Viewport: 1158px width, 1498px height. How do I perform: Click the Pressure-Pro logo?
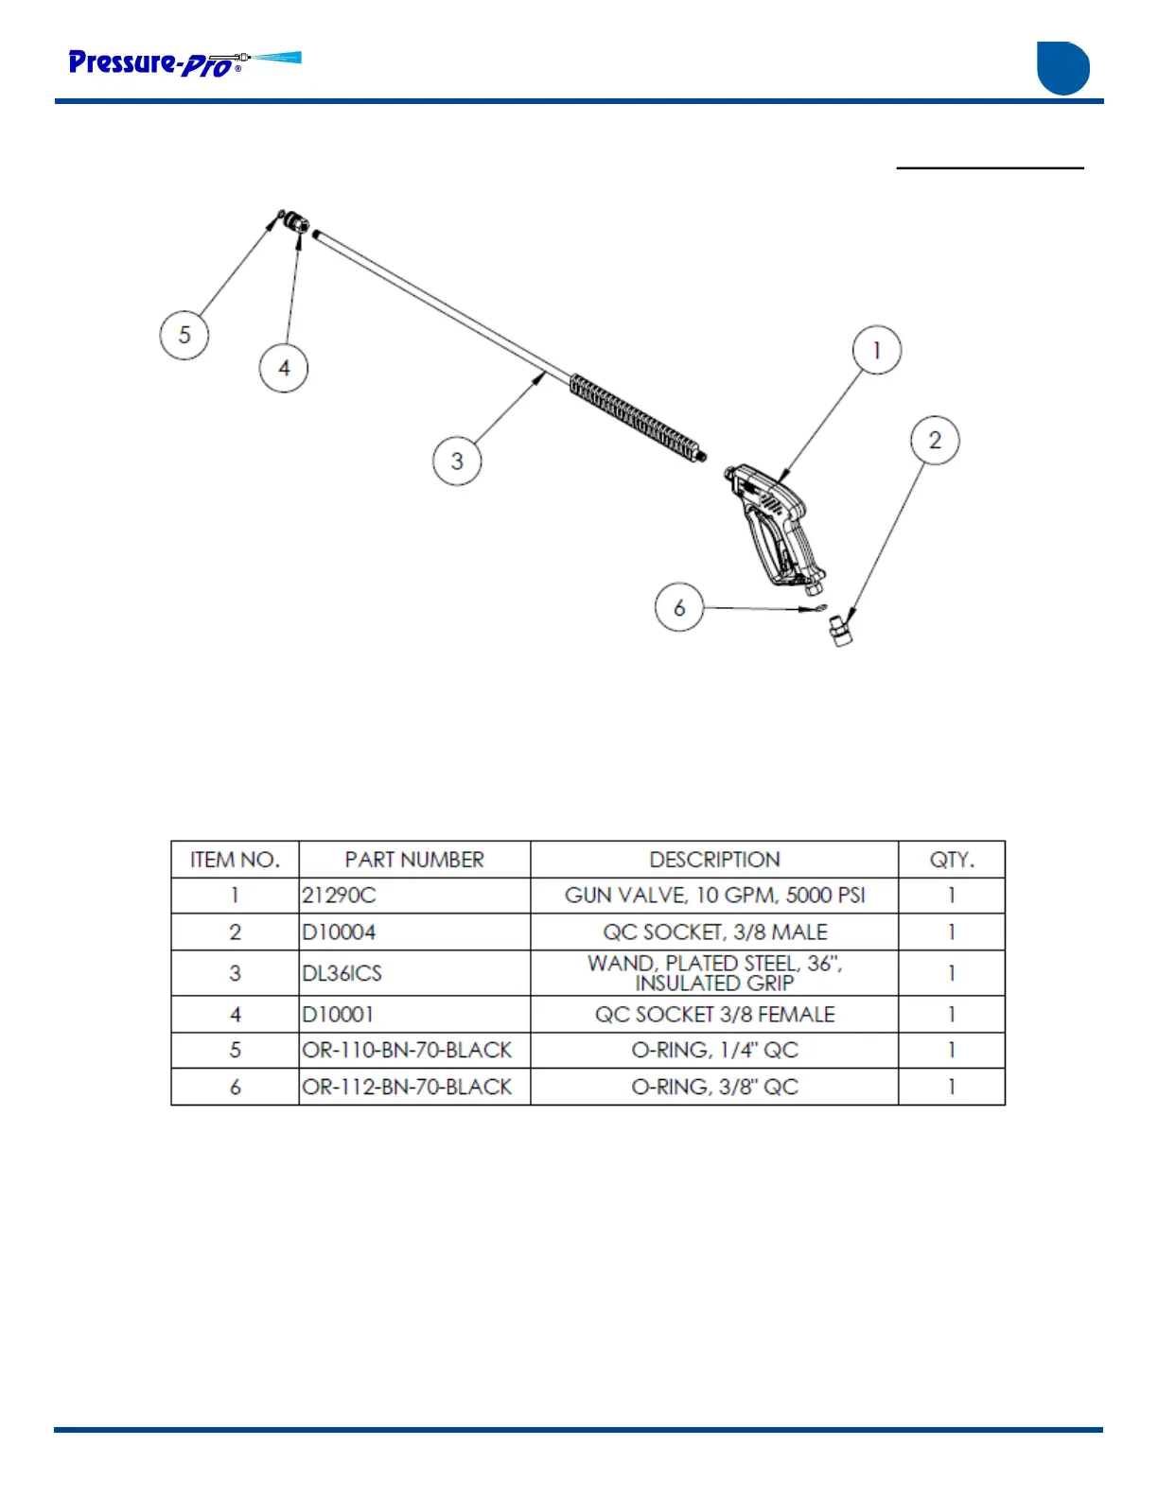tap(184, 63)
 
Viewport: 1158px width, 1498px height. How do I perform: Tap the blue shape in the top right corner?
tap(1063, 68)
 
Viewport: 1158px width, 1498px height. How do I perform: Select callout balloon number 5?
tap(184, 335)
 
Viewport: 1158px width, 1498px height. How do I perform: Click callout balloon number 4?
tap(284, 368)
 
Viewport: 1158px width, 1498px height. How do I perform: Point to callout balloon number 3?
tap(457, 461)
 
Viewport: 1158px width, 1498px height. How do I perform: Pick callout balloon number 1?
tap(876, 350)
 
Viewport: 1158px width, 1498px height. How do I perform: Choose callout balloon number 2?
tap(935, 441)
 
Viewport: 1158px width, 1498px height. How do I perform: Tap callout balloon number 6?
tap(679, 607)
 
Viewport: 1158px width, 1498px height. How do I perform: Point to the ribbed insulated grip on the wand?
tap(636, 415)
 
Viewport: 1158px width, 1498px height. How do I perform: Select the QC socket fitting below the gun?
tap(839, 629)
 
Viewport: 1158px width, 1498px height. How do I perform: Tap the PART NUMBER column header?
tap(414, 860)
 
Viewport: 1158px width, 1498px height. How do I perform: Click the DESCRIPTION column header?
tap(714, 860)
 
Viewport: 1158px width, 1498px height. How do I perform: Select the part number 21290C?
tap(339, 896)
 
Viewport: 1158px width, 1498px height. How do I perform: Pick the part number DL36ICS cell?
tap(342, 973)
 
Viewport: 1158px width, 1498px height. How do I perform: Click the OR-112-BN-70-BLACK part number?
tap(407, 1088)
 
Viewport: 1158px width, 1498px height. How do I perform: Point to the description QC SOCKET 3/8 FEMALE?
tap(714, 1015)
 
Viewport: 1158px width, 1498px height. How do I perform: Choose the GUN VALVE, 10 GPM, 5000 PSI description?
tap(714, 896)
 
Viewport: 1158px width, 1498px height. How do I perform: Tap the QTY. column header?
tap(951, 860)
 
